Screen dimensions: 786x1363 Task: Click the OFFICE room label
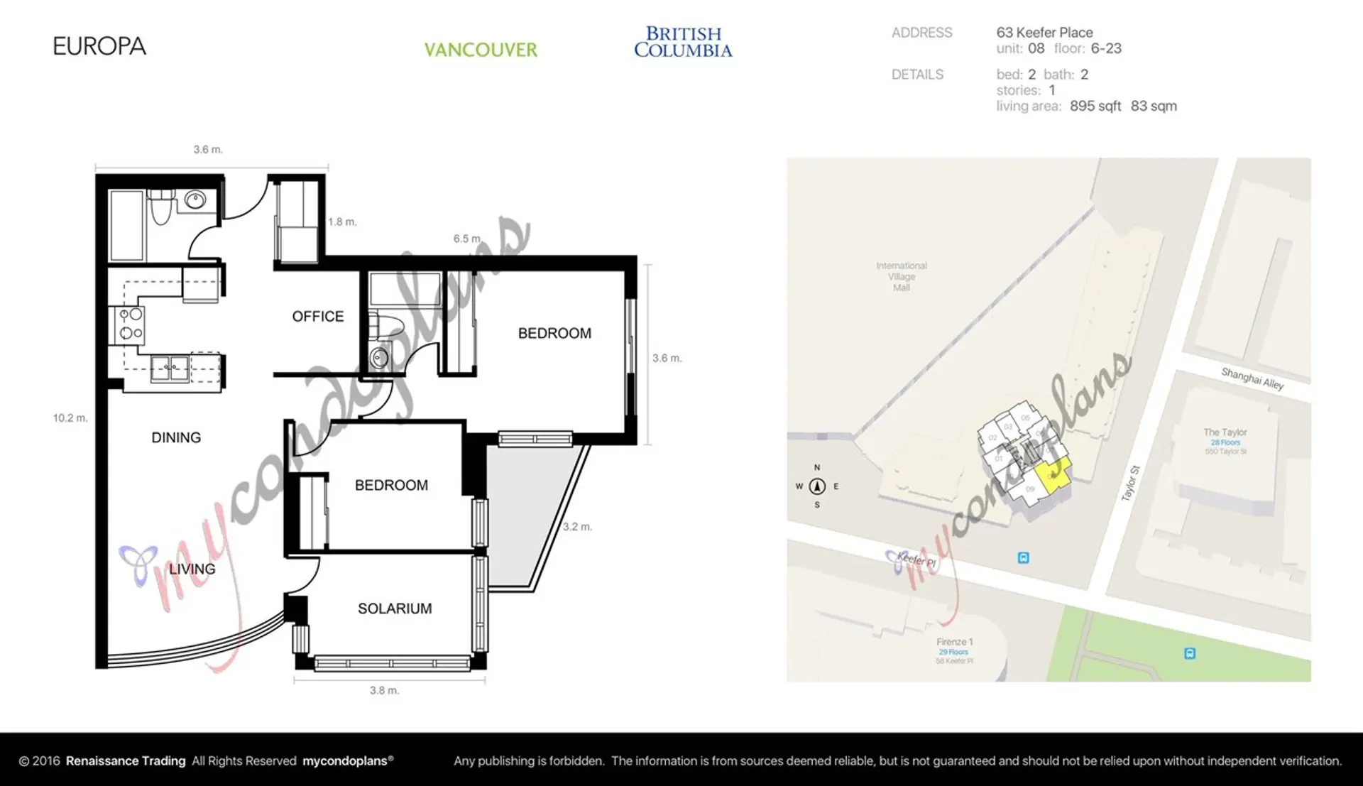317,317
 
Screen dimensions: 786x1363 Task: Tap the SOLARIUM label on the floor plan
395,608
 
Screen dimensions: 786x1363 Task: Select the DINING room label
176,437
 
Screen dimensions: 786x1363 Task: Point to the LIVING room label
192,569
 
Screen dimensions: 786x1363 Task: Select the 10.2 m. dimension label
70,418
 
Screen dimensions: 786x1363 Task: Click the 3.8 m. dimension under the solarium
384,690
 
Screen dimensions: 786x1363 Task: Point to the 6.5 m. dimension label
467,239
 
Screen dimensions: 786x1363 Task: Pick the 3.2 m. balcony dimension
577,527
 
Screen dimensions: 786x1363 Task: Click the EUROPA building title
99,47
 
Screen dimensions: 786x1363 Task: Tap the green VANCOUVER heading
481,50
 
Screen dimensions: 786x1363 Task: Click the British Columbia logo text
683,42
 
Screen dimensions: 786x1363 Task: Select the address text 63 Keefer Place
1044,33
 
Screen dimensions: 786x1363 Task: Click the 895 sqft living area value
1095,107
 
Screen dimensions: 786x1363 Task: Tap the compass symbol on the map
817,486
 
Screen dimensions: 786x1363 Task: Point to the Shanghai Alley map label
1252,378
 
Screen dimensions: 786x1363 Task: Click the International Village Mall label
901,276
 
